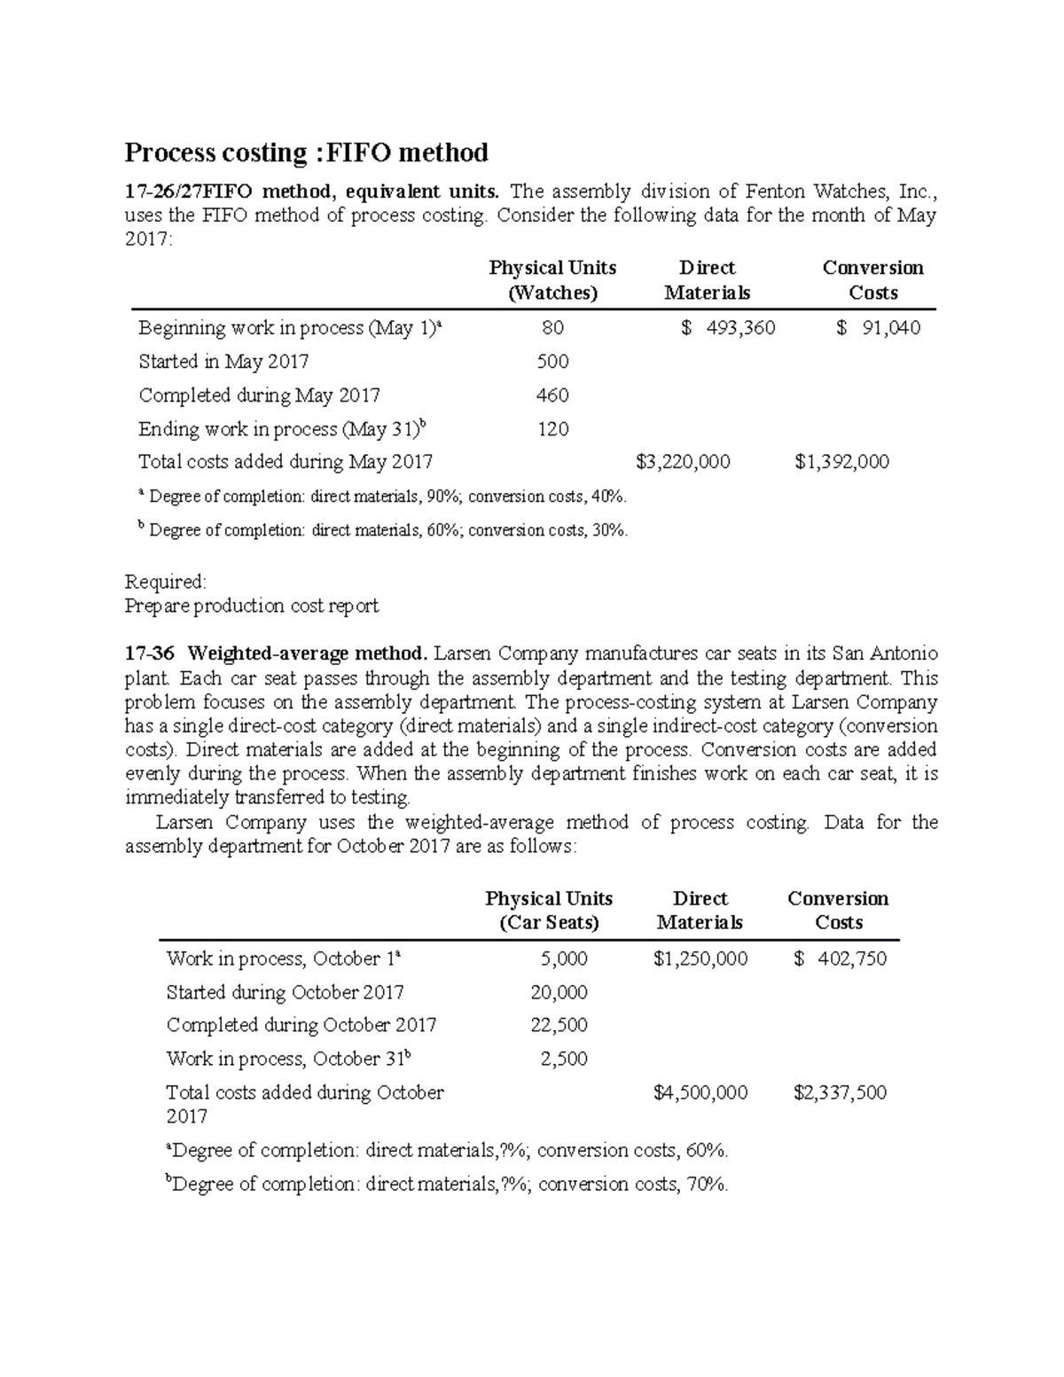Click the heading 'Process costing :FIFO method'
click(306, 153)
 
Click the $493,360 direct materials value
click(729, 328)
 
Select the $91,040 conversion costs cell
click(879, 328)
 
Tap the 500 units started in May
click(552, 362)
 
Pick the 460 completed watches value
click(552, 395)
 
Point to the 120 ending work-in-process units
click(552, 429)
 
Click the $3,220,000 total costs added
click(684, 462)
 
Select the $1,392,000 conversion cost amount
click(841, 462)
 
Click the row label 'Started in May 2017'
click(223, 362)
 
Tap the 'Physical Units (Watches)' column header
click(552, 280)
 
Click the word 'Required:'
click(166, 582)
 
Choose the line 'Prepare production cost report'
click(252, 606)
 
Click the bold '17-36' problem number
click(150, 654)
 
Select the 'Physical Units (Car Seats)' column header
click(549, 911)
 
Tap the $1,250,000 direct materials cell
click(700, 958)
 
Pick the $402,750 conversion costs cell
click(841, 958)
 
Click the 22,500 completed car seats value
click(559, 1025)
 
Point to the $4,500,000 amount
click(700, 1092)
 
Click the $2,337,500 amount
click(841, 1092)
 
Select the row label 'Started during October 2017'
click(285, 992)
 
